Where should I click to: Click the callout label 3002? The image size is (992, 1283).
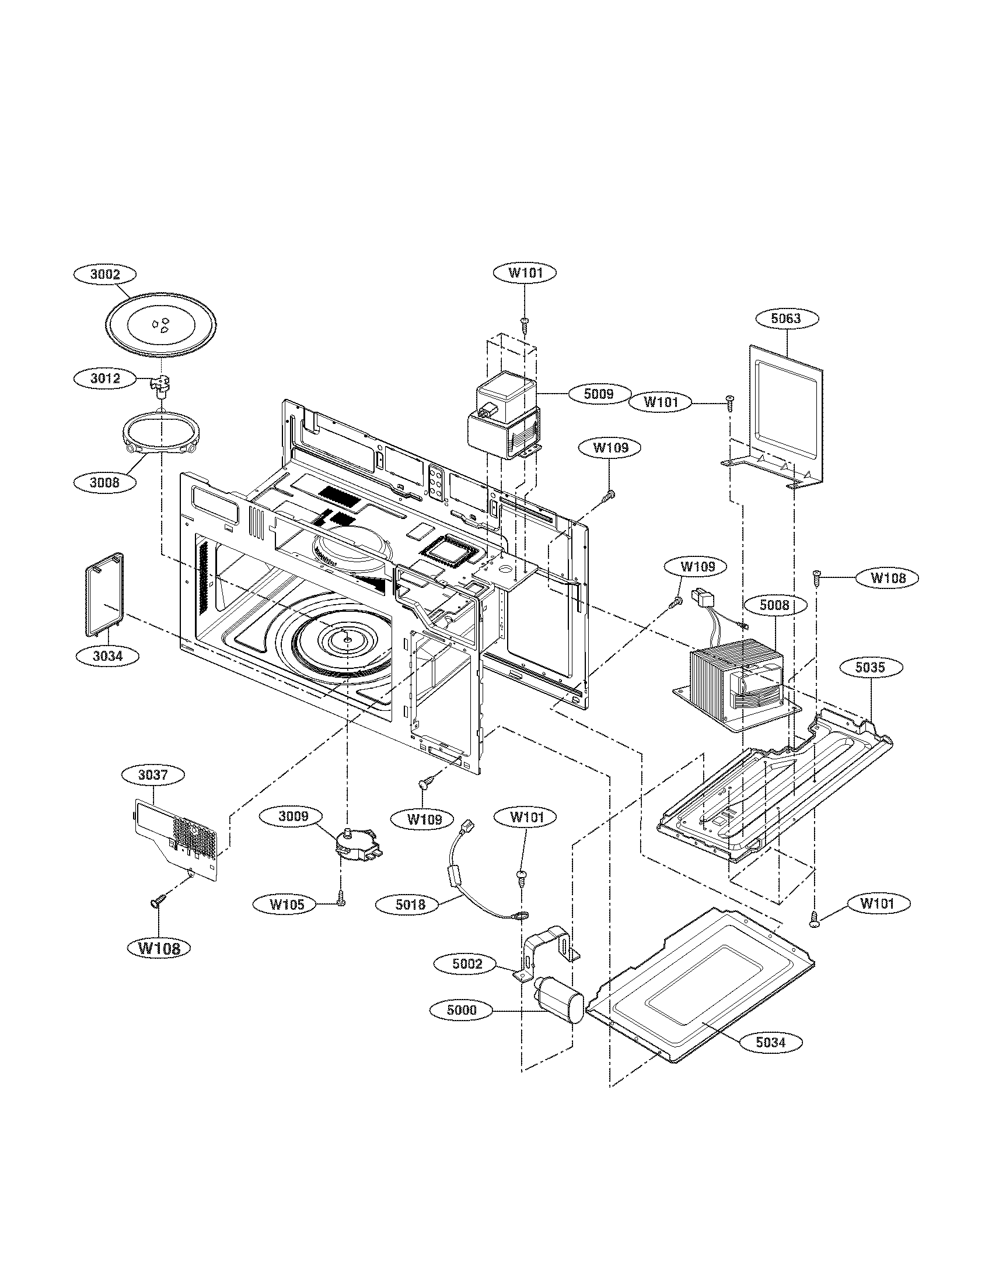[x=105, y=274]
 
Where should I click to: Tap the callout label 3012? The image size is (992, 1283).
[x=105, y=378]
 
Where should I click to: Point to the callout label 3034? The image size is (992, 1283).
[x=107, y=656]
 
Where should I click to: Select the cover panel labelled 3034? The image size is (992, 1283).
[x=104, y=594]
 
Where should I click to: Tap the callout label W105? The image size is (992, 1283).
[x=287, y=905]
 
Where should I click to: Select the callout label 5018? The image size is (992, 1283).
[x=410, y=905]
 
